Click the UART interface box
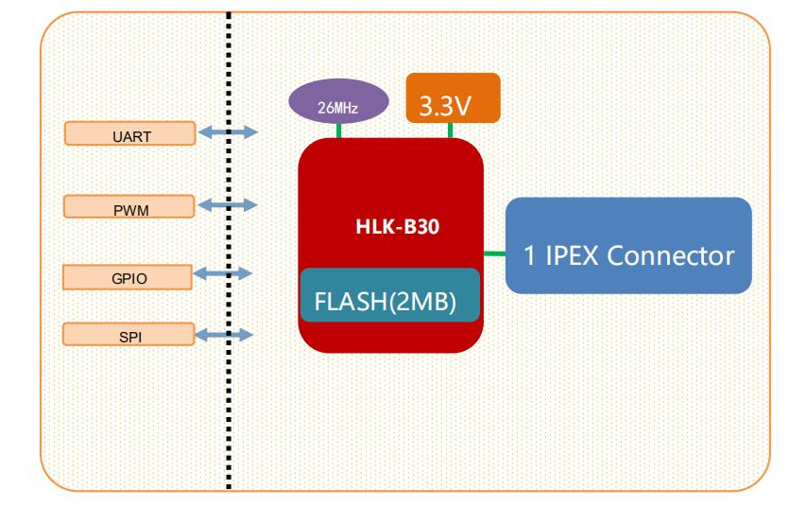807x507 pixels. (129, 133)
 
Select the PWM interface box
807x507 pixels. (129, 205)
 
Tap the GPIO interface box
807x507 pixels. (128, 276)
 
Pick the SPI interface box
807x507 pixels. (128, 335)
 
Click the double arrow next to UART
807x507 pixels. (227, 133)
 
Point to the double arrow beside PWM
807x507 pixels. (227, 204)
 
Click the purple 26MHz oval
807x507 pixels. (336, 106)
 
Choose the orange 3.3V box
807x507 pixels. (453, 97)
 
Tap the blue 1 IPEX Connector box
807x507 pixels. (629, 246)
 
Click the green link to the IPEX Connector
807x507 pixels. (494, 253)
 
